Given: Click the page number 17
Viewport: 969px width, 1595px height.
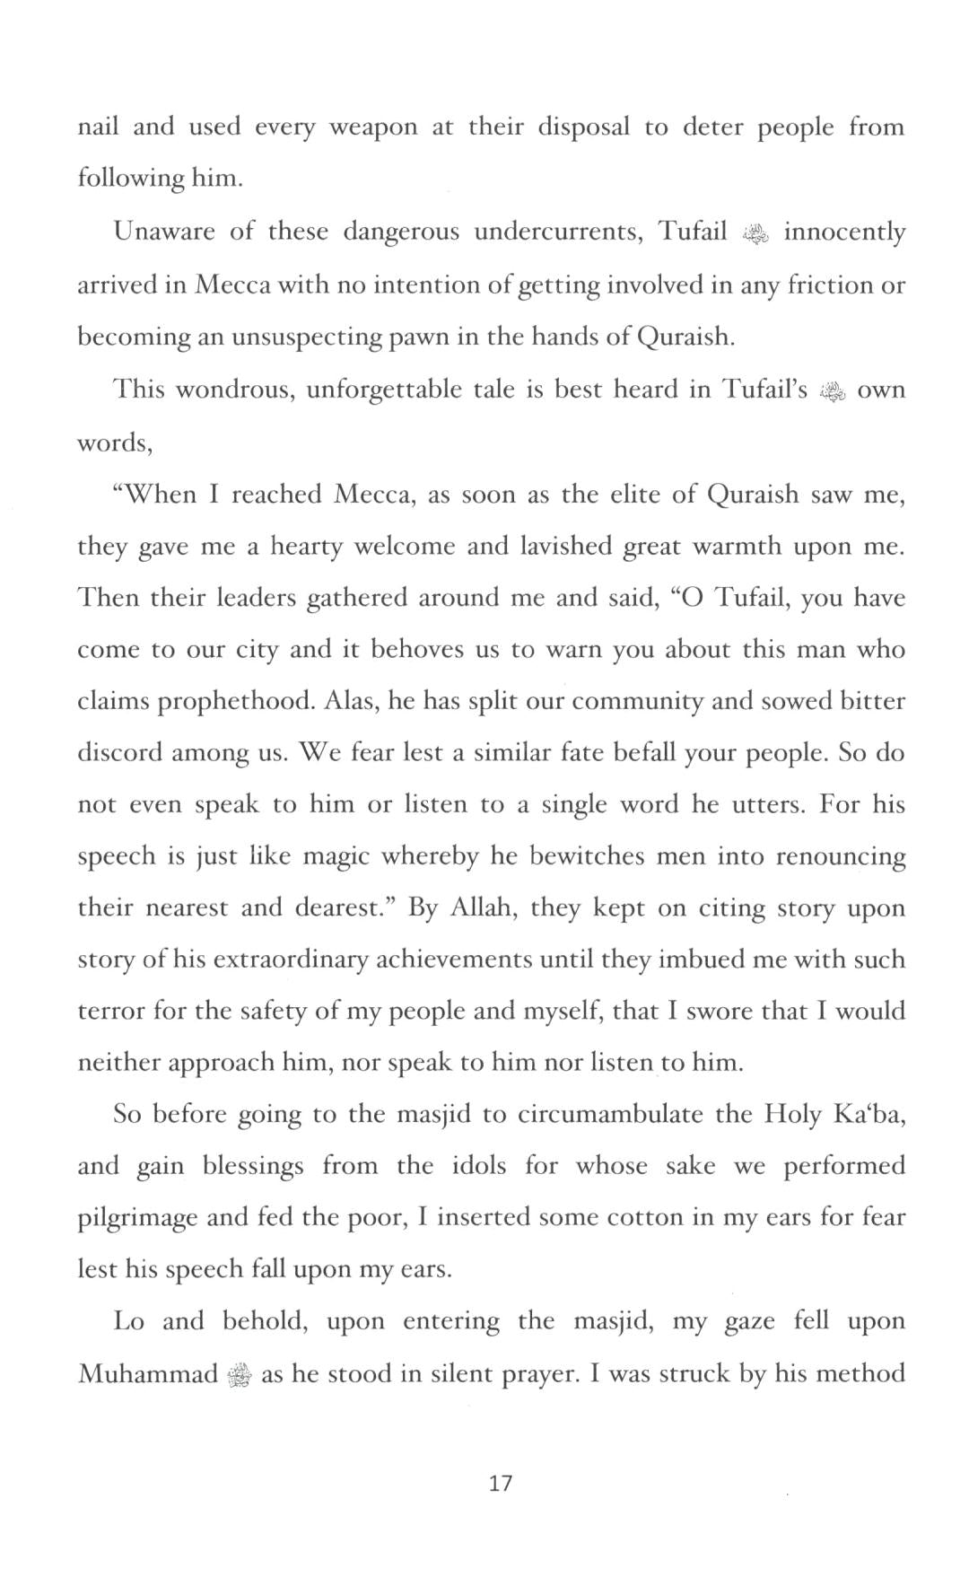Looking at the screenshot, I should click(x=501, y=1483).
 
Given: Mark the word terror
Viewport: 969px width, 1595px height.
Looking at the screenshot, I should click(x=110, y=1012).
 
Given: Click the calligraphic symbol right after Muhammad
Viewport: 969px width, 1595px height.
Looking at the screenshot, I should click(x=240, y=1375).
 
